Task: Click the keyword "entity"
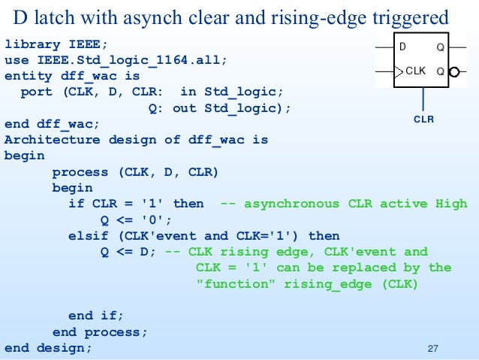click(29, 76)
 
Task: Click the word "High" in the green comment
click(451, 204)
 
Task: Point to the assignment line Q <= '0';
click(137, 219)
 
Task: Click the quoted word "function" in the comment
click(233, 283)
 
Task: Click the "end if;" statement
click(96, 316)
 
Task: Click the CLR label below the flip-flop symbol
click(424, 119)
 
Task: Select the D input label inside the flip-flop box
click(403, 47)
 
